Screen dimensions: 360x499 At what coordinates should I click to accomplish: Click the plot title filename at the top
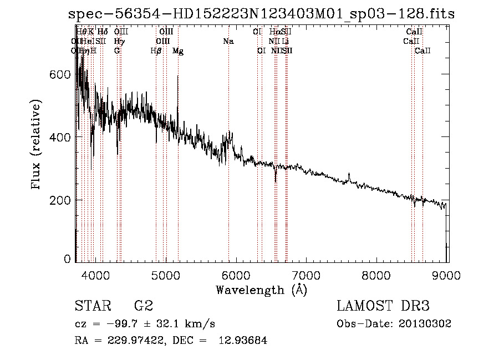[261, 14]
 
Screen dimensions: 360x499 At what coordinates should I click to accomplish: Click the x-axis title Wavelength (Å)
[261, 290]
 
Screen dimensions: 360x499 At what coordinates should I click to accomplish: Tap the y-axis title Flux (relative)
[37, 145]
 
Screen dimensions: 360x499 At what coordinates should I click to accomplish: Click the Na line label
[228, 42]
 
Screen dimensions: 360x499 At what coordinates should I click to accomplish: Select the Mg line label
[178, 51]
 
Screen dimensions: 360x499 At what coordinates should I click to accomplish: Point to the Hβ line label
[156, 51]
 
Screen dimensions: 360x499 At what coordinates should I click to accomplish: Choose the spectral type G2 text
[144, 306]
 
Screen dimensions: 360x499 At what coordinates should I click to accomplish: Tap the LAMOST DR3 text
[383, 306]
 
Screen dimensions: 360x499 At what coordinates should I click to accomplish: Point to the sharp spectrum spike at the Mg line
[177, 78]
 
